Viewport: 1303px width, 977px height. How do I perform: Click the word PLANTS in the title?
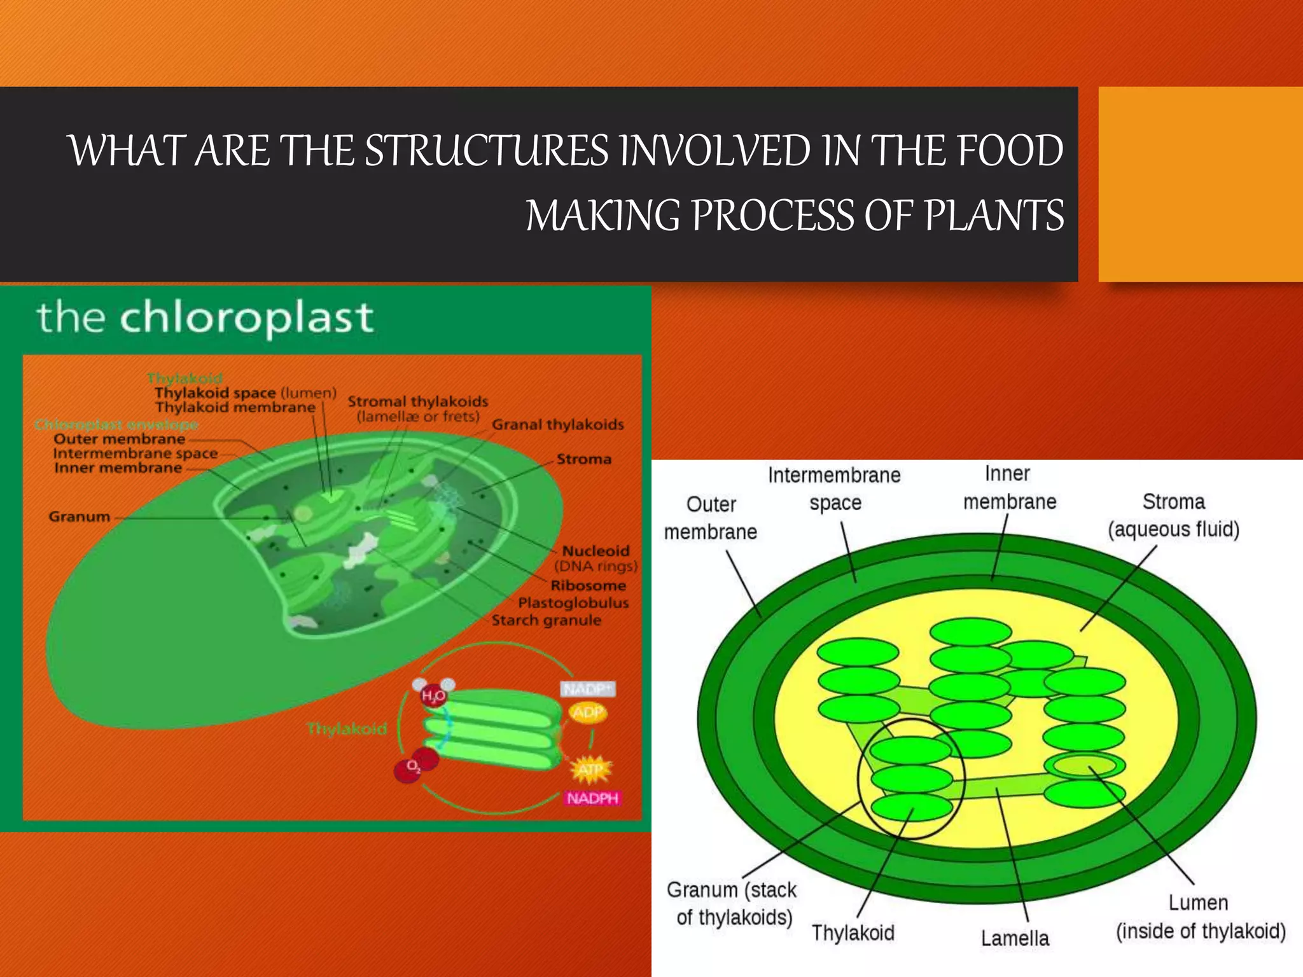point(994,215)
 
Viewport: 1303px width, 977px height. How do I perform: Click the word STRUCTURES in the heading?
point(486,151)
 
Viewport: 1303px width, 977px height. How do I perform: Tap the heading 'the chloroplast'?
point(205,317)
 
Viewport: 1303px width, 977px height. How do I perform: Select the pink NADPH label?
point(592,798)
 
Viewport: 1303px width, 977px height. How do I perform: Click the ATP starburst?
point(590,770)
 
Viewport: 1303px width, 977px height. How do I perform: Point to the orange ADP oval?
point(587,712)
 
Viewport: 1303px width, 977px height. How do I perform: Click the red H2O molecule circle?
point(433,696)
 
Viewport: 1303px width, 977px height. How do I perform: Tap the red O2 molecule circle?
point(412,768)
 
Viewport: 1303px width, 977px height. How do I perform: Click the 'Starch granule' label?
point(546,620)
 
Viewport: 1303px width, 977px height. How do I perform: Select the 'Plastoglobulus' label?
point(573,602)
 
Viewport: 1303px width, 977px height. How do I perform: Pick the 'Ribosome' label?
point(588,585)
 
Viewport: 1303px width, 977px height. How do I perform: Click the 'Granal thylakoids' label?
point(557,425)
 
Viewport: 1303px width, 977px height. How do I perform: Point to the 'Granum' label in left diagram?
point(80,516)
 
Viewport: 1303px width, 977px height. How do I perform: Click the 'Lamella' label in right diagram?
point(1015,938)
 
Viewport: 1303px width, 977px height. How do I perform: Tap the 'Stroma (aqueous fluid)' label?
point(1173,515)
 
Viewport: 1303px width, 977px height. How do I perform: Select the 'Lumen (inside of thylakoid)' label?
point(1200,917)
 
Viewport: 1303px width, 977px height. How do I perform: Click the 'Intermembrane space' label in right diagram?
point(834,488)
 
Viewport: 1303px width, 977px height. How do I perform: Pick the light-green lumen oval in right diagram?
point(1085,765)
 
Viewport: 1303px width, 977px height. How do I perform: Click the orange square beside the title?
point(1200,184)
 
